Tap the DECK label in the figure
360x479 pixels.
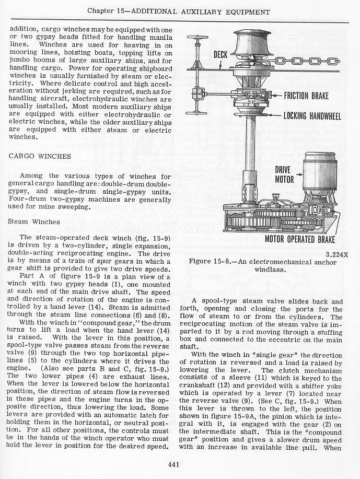[220, 54]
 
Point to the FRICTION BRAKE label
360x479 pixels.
[312, 96]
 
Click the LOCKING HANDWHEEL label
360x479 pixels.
[312, 115]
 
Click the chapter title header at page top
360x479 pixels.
[179, 11]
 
